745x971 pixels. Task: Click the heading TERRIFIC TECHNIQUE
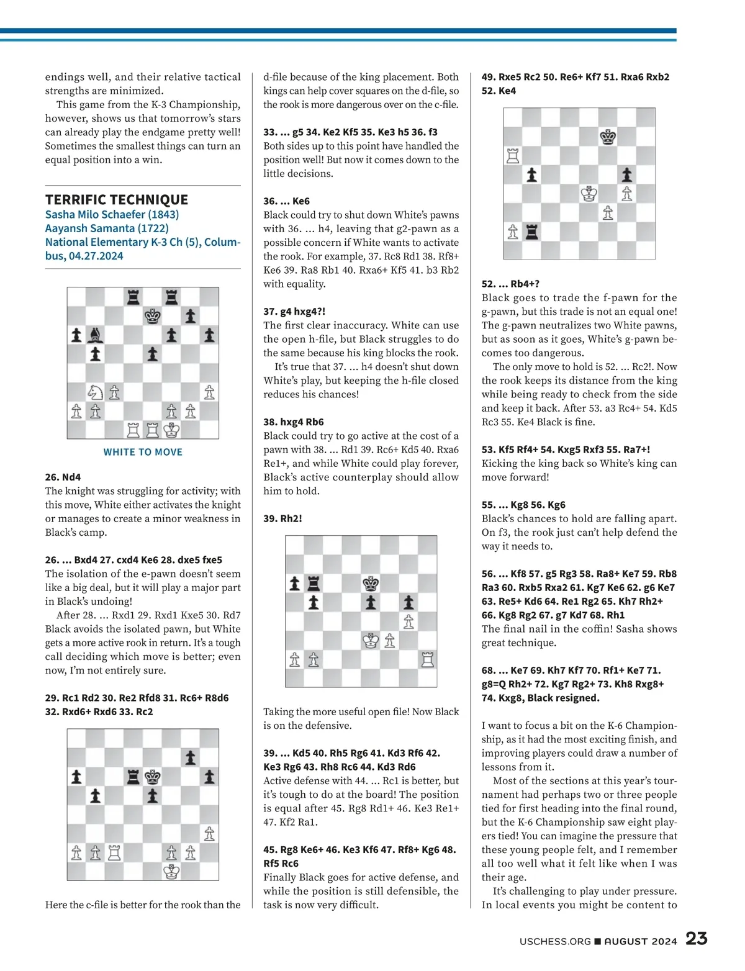(117, 199)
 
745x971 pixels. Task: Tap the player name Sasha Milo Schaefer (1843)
(112, 214)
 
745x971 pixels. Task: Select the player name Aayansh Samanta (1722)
(107, 228)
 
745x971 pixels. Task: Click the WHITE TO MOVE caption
(143, 452)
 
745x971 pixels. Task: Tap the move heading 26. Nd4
(63, 477)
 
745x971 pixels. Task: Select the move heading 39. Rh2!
(282, 518)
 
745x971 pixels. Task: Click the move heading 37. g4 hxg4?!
(294, 311)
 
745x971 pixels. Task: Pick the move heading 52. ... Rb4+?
(510, 284)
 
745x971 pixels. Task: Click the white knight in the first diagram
(95, 392)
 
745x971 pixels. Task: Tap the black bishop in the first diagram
(95, 336)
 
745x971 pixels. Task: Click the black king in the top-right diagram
(608, 137)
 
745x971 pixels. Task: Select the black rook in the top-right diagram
(532, 232)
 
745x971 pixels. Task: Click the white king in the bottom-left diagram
(171, 871)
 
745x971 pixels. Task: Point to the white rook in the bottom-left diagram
(114, 852)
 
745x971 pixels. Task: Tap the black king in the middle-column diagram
(371, 583)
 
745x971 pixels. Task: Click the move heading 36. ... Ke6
(286, 201)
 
